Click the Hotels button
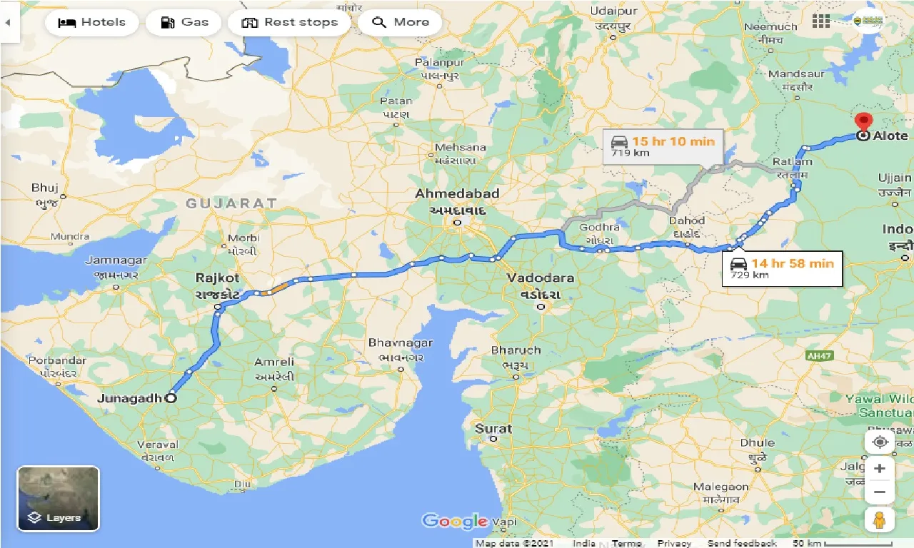point(91,22)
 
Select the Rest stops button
point(289,22)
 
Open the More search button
point(400,22)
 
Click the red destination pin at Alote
point(863,123)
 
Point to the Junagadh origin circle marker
point(171,399)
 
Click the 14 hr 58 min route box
point(783,268)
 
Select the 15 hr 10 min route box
point(663,146)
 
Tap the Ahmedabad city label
point(458,194)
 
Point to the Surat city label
point(493,429)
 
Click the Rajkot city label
point(219,278)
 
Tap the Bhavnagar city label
point(401,343)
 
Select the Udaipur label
point(614,12)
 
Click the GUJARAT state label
point(231,203)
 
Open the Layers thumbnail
point(58,499)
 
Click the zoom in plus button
point(880,469)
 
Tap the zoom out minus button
point(880,492)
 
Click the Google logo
point(455,521)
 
